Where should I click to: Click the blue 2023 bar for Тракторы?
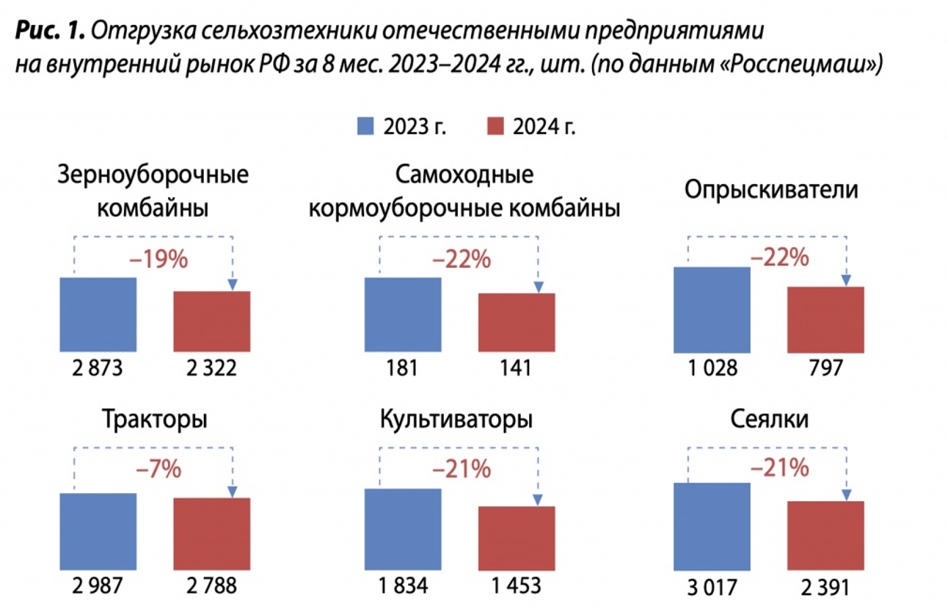pos(98,532)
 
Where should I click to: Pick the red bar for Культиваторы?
pos(517,539)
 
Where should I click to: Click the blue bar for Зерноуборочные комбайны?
pos(98,315)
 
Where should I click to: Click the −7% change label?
pos(157,468)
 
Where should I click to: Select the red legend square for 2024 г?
pos(495,125)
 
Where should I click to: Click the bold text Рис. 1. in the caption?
pos(51,32)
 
